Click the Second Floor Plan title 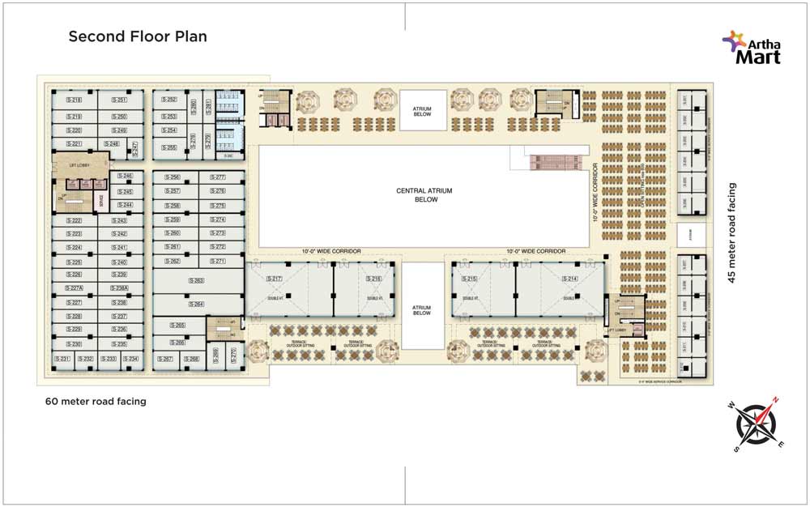click(138, 36)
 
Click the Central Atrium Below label click(424, 194)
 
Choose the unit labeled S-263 click(197, 280)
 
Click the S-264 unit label click(197, 304)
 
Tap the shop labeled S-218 click(75, 100)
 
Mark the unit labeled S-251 click(120, 100)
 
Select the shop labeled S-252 click(168, 100)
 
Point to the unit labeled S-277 click(217, 177)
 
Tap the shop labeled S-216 click(374, 279)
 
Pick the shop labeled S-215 click(470, 279)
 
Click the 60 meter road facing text click(96, 402)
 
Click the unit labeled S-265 click(177, 326)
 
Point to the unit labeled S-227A click(75, 288)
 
